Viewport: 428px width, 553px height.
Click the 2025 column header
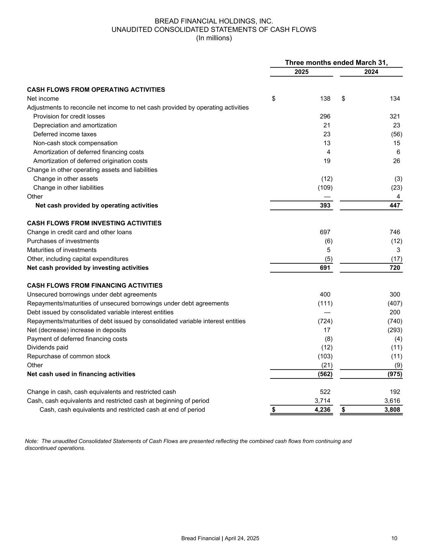[x=301, y=72]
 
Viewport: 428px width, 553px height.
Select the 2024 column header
[x=371, y=72]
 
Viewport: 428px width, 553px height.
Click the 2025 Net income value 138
[x=325, y=99]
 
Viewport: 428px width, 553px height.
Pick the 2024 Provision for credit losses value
[x=394, y=117]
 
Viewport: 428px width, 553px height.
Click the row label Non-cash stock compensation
[x=75, y=143]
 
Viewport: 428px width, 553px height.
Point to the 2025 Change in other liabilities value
[x=325, y=188]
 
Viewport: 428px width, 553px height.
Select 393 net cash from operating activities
[x=325, y=206]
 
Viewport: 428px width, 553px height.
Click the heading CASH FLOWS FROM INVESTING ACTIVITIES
[x=94, y=224]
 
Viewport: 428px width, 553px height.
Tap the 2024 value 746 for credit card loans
[x=394, y=233]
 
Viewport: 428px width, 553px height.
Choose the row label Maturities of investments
[x=62, y=250]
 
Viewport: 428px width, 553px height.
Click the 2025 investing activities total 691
[x=325, y=268]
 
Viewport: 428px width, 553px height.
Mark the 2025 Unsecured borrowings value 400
[x=325, y=295]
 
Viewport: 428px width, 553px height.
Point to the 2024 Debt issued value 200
[x=394, y=313]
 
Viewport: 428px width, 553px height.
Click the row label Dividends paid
[x=47, y=348]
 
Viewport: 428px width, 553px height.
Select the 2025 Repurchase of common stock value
[x=325, y=357]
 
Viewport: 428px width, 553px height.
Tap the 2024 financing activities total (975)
[x=395, y=374]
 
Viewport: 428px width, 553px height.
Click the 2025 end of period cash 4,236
[x=323, y=410]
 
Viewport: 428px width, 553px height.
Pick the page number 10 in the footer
[x=394, y=538]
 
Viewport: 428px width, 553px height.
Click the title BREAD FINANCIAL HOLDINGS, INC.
[x=214, y=21]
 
